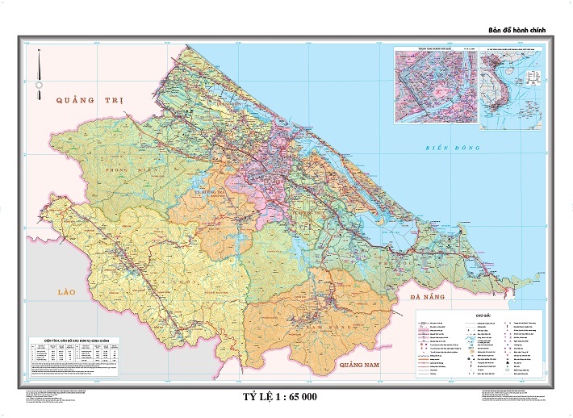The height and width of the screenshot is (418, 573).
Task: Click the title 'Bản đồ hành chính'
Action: pyautogui.click(x=517, y=30)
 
